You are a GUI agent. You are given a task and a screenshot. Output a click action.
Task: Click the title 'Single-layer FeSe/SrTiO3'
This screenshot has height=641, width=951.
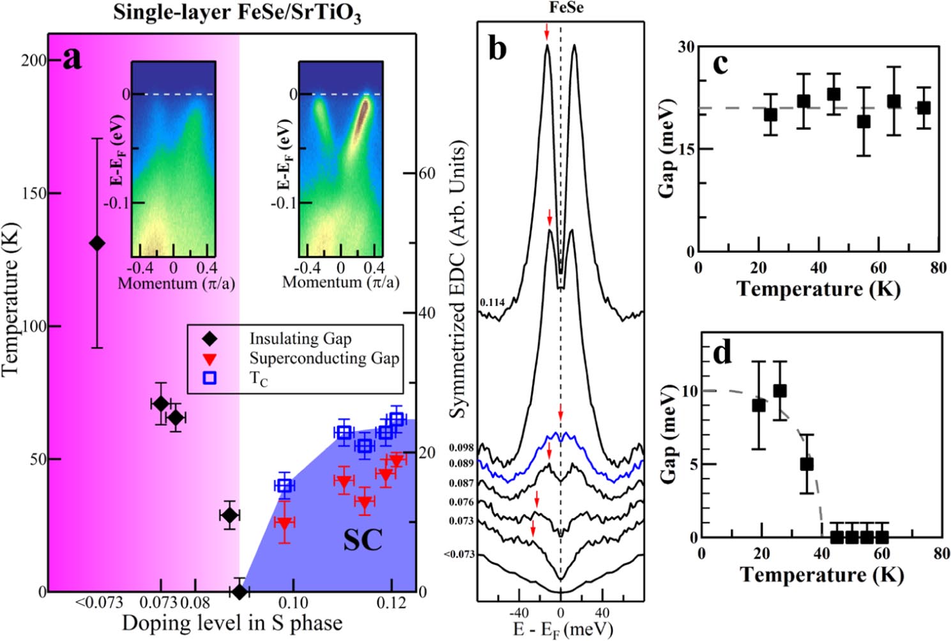click(237, 13)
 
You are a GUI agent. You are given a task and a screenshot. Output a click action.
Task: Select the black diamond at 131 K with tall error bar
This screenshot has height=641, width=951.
click(97, 243)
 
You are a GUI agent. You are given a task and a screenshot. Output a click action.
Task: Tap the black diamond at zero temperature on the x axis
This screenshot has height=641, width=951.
click(240, 592)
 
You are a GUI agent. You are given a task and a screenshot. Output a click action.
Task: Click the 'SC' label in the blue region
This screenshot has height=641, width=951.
click(363, 540)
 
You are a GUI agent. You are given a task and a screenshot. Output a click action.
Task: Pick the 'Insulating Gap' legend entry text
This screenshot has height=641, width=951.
click(300, 338)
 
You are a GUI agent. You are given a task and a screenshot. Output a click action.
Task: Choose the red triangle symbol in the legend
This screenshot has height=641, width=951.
click(209, 358)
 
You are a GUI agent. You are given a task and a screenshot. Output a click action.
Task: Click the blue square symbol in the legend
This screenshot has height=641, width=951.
click(209, 378)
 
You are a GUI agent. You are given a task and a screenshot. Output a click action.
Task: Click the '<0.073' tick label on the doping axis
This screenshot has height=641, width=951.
click(99, 603)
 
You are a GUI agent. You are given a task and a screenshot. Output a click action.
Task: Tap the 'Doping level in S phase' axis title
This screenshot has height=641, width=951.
click(232, 623)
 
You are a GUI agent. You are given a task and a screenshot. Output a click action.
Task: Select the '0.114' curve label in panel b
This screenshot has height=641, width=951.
click(492, 302)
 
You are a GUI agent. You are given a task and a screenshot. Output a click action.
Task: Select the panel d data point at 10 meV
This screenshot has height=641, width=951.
click(780, 391)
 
